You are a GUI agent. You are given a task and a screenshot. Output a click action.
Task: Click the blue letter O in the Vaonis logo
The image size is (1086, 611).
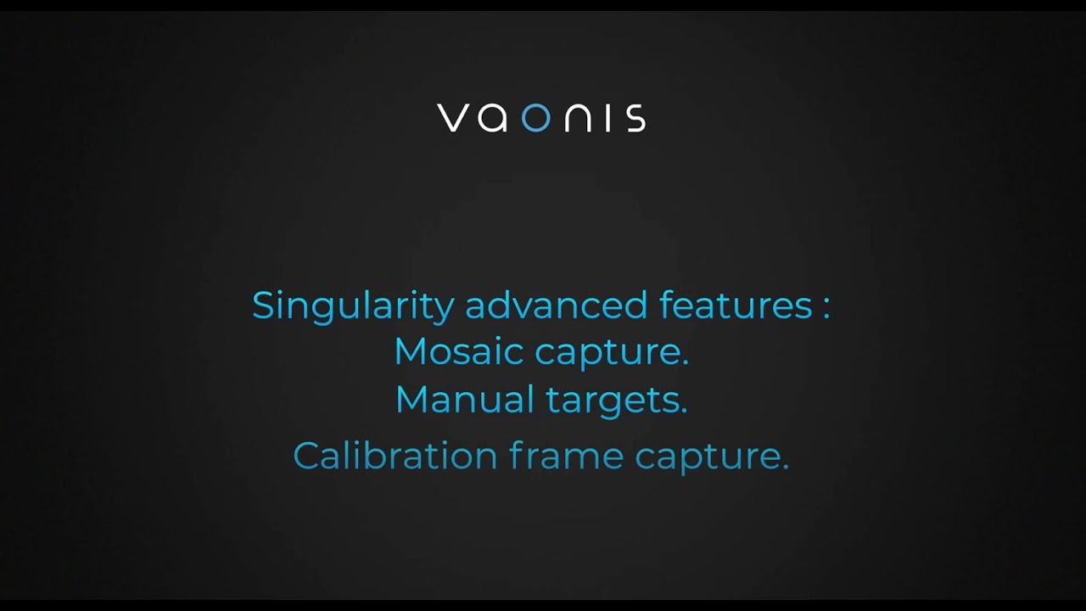[x=535, y=118]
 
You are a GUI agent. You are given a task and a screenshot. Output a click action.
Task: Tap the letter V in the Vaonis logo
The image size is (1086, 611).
[x=454, y=118]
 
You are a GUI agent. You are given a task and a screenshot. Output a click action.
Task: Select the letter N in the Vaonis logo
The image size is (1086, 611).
[x=581, y=118]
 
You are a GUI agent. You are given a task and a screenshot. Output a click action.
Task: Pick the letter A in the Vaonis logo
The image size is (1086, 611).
[x=493, y=118]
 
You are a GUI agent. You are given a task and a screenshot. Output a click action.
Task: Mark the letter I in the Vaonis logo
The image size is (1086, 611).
[x=611, y=118]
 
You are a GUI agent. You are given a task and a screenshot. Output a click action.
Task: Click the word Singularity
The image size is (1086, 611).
[x=353, y=305]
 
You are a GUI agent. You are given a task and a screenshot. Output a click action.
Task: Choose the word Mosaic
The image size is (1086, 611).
[x=457, y=351]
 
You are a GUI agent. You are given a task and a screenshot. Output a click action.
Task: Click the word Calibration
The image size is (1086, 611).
[x=395, y=456]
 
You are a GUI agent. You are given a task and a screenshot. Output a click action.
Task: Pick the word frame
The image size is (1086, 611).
[x=567, y=456]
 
